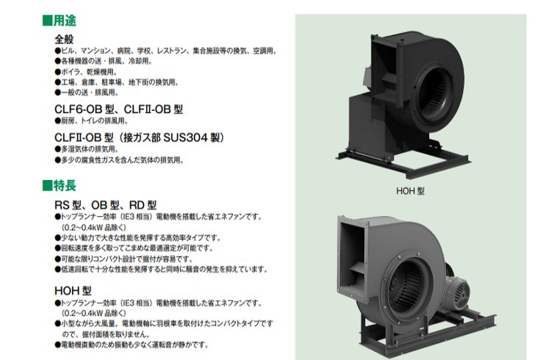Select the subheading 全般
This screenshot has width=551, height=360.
tap(64, 39)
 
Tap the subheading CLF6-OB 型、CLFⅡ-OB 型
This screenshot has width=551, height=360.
tap(119, 109)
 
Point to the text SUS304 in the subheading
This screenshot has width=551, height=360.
tap(185, 137)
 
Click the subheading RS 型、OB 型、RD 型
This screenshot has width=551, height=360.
tap(105, 205)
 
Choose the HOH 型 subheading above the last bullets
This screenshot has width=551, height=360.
tap(73, 291)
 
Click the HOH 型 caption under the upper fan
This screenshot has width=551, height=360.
tap(410, 191)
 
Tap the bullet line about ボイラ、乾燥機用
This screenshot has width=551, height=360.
tap(86, 72)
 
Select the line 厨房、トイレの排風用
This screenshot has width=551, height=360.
tap(91, 120)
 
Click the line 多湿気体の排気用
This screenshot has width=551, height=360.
tap(87, 149)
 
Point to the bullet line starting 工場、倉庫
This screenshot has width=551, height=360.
tap(117, 82)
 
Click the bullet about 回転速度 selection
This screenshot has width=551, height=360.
tap(134, 248)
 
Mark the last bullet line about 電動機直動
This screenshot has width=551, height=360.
tap(132, 345)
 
